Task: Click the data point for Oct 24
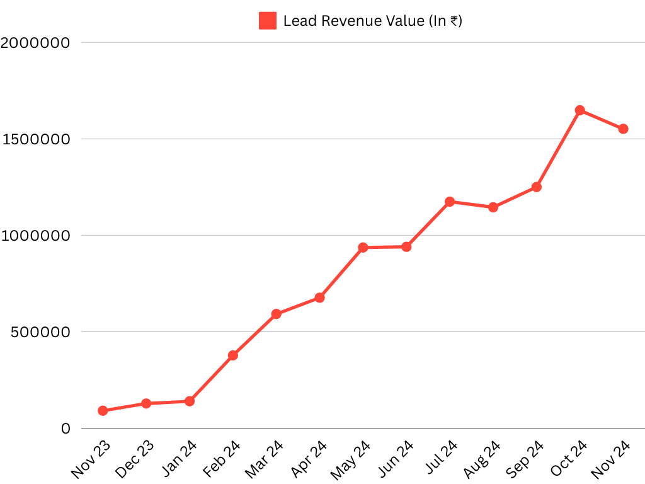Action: (580, 110)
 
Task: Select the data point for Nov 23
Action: (103, 411)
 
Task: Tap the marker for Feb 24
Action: (233, 355)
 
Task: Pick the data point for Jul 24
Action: (450, 202)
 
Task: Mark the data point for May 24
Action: (363, 248)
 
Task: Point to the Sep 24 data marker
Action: (537, 187)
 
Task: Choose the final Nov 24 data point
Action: (623, 129)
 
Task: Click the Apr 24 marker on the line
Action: (319, 297)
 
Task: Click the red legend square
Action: (268, 21)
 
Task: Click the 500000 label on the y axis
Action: (40, 332)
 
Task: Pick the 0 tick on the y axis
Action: (66, 429)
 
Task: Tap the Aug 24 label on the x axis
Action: (482, 458)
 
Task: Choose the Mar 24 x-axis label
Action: (265, 458)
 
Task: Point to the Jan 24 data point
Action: (190, 401)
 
